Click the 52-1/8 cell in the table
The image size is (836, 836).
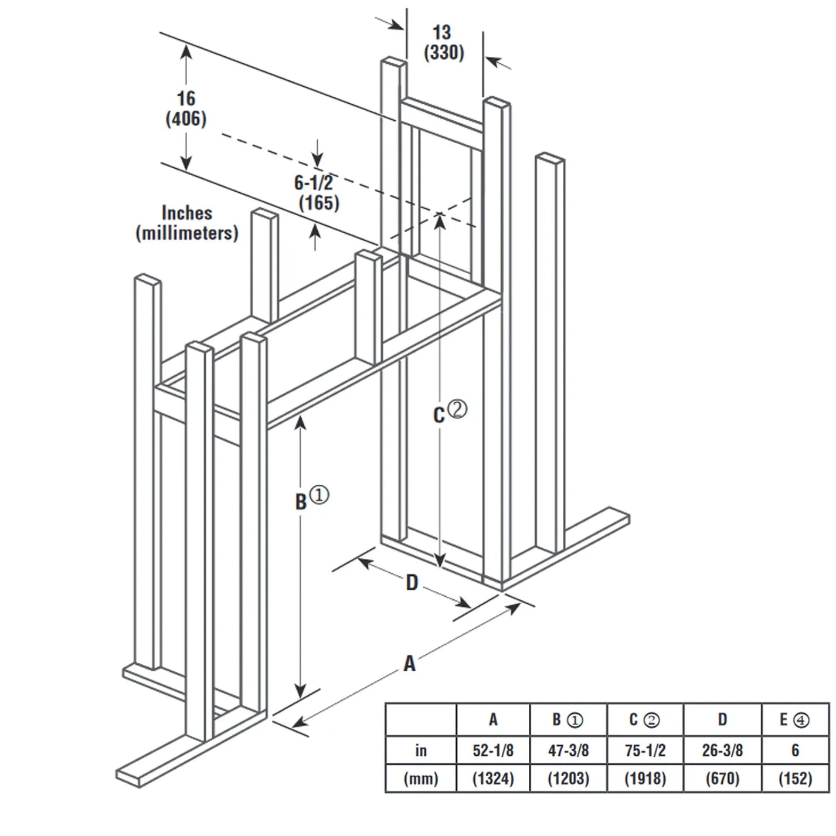[x=493, y=750]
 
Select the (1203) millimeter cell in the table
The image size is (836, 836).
[x=568, y=779]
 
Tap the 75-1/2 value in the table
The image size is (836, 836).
[x=645, y=750]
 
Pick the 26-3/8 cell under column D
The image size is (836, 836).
[x=722, y=750]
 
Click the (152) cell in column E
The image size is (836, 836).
[x=795, y=779]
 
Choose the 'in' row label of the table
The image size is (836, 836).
[x=421, y=750]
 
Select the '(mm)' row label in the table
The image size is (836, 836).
[x=421, y=779]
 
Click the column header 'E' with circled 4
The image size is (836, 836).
[x=795, y=720]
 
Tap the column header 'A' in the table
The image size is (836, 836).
[x=493, y=720]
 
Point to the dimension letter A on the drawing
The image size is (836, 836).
[x=409, y=664]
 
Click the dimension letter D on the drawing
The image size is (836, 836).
[x=412, y=583]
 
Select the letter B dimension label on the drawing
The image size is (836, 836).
[x=301, y=502]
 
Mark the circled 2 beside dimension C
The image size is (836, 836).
[x=458, y=409]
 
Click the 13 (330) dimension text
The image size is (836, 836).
[x=444, y=42]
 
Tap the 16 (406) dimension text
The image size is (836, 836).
[x=186, y=108]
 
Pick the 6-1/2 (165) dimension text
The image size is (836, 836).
[x=317, y=193]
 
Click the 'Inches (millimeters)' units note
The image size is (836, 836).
[x=187, y=223]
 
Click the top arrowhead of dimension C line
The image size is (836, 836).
[x=439, y=218]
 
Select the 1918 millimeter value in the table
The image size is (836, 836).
[x=645, y=779]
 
